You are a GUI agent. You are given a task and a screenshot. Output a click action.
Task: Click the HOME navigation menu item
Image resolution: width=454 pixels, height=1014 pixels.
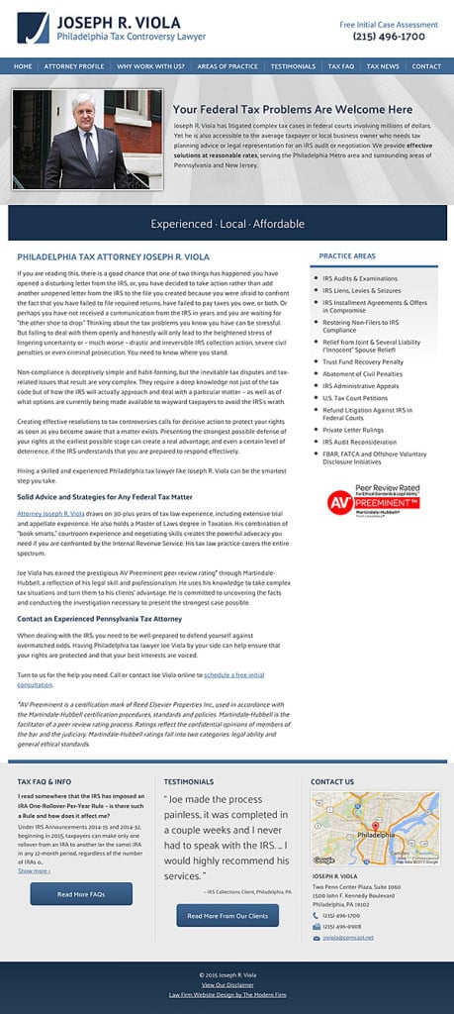[22, 66]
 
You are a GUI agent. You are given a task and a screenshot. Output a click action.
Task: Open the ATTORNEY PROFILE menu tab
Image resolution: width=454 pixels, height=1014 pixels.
[74, 66]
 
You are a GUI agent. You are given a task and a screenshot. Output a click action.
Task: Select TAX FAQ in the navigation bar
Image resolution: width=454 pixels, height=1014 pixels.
[340, 66]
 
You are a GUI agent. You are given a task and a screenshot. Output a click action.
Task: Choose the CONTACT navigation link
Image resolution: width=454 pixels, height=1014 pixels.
[426, 66]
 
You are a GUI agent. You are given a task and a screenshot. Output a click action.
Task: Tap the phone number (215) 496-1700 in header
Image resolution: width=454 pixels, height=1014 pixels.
[389, 37]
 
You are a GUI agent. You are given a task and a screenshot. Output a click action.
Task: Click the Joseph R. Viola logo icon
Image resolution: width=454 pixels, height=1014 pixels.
[33, 28]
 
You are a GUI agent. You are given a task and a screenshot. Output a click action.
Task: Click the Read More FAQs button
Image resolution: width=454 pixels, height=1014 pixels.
[81, 894]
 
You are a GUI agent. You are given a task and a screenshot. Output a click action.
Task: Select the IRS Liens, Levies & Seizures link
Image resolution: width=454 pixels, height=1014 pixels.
[361, 291]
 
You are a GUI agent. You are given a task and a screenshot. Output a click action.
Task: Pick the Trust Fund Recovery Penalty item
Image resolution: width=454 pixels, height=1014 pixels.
[362, 362]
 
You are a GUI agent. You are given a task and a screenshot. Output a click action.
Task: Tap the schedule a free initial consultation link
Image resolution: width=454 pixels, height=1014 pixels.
[233, 674]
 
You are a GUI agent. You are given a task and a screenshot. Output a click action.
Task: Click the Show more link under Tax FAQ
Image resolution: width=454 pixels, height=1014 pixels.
[34, 870]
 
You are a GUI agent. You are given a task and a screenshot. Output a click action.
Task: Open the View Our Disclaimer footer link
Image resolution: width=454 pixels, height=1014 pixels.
[227, 985]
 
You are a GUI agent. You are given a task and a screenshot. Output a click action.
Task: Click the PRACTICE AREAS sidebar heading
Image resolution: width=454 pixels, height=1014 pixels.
[347, 256]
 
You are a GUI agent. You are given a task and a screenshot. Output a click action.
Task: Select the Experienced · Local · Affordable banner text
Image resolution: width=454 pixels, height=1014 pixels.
[227, 224]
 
